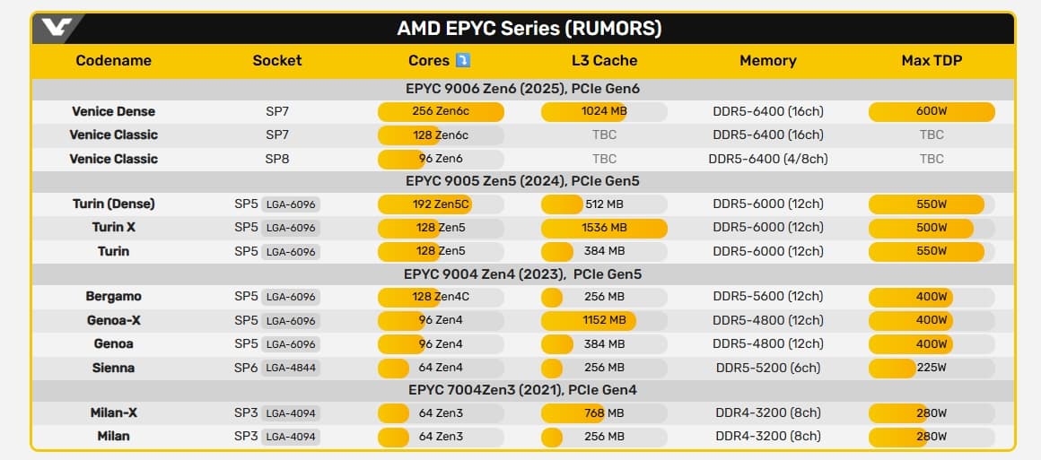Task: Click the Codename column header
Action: coord(114,61)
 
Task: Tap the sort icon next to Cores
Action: coord(463,60)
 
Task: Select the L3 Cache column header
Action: coord(604,61)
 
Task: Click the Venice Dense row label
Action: coord(114,111)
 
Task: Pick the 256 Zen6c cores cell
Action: coord(441,111)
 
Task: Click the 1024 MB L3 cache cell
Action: coord(604,111)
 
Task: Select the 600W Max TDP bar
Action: coord(932,111)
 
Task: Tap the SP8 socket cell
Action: coord(277,159)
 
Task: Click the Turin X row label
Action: coord(114,227)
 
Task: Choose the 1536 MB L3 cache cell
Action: coord(604,227)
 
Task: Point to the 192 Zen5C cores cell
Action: coord(441,204)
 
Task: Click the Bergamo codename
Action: coord(114,297)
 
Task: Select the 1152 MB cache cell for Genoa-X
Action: coord(604,320)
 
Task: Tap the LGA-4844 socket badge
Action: coord(291,368)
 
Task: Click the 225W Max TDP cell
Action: coord(932,368)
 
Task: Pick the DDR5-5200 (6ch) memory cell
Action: coord(767,368)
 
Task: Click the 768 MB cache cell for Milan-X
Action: coord(604,413)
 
